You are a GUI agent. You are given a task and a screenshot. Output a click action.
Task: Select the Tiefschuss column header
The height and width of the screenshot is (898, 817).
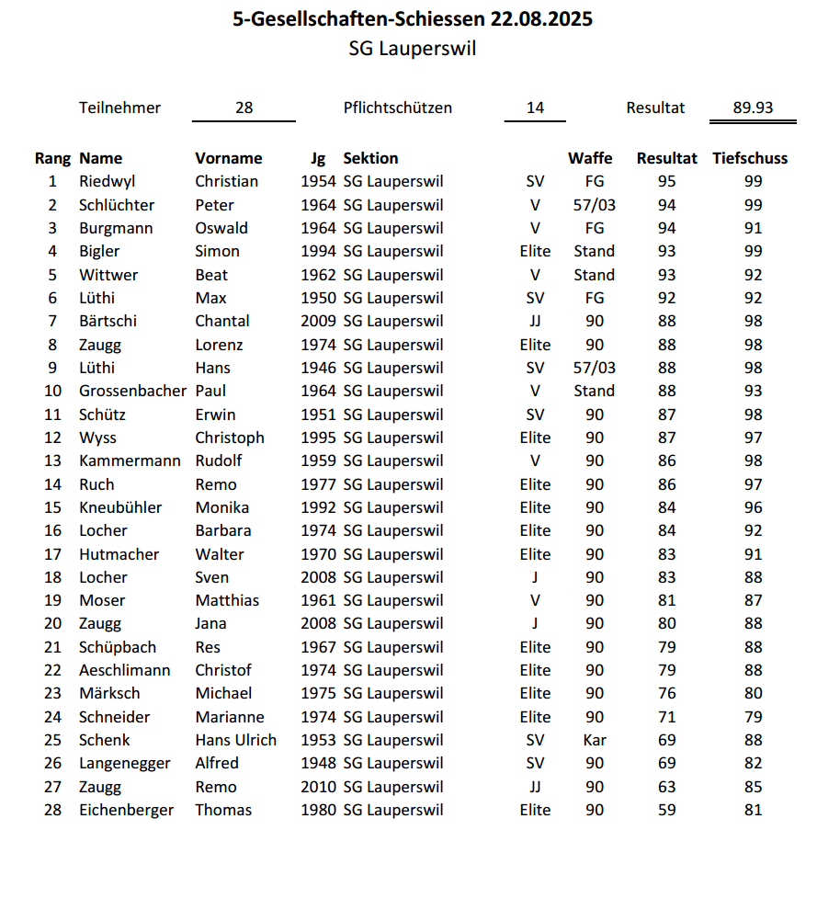point(750,158)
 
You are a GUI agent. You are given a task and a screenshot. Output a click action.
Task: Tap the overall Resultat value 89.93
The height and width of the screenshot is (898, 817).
point(753,108)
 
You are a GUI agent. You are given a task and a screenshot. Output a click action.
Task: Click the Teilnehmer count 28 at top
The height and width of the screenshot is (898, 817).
point(244,108)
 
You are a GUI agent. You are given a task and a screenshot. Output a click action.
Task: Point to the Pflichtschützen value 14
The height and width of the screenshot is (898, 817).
point(535,108)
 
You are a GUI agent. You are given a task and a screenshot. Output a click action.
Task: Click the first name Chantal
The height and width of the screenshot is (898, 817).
point(221,321)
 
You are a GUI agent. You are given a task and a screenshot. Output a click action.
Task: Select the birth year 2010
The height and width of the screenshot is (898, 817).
point(319,787)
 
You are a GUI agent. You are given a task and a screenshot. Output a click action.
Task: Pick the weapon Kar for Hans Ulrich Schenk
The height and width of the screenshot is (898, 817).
point(595,740)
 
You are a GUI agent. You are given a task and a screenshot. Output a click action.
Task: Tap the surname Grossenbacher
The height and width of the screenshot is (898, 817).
point(132,391)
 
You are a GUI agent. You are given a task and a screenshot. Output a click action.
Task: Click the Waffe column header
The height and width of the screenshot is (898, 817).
point(590,158)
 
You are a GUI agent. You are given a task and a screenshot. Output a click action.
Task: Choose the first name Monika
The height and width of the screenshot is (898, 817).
point(221,507)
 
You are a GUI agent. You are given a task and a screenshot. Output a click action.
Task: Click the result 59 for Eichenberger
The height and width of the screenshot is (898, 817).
point(667,810)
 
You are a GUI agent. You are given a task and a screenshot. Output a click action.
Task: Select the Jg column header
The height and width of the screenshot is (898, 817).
point(318,158)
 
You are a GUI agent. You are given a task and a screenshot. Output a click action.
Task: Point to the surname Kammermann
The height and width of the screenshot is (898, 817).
point(130,460)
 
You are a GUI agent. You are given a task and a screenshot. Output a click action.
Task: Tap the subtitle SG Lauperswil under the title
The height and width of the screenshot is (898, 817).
point(413,49)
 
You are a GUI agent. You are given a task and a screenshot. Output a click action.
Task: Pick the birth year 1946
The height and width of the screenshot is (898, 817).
point(319,368)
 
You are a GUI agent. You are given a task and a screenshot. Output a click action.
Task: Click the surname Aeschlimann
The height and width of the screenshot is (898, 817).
point(124,670)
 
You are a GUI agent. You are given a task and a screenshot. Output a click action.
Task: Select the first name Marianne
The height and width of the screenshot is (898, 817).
point(229,717)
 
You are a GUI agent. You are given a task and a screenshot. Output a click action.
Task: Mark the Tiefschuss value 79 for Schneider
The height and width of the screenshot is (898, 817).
point(753,717)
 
